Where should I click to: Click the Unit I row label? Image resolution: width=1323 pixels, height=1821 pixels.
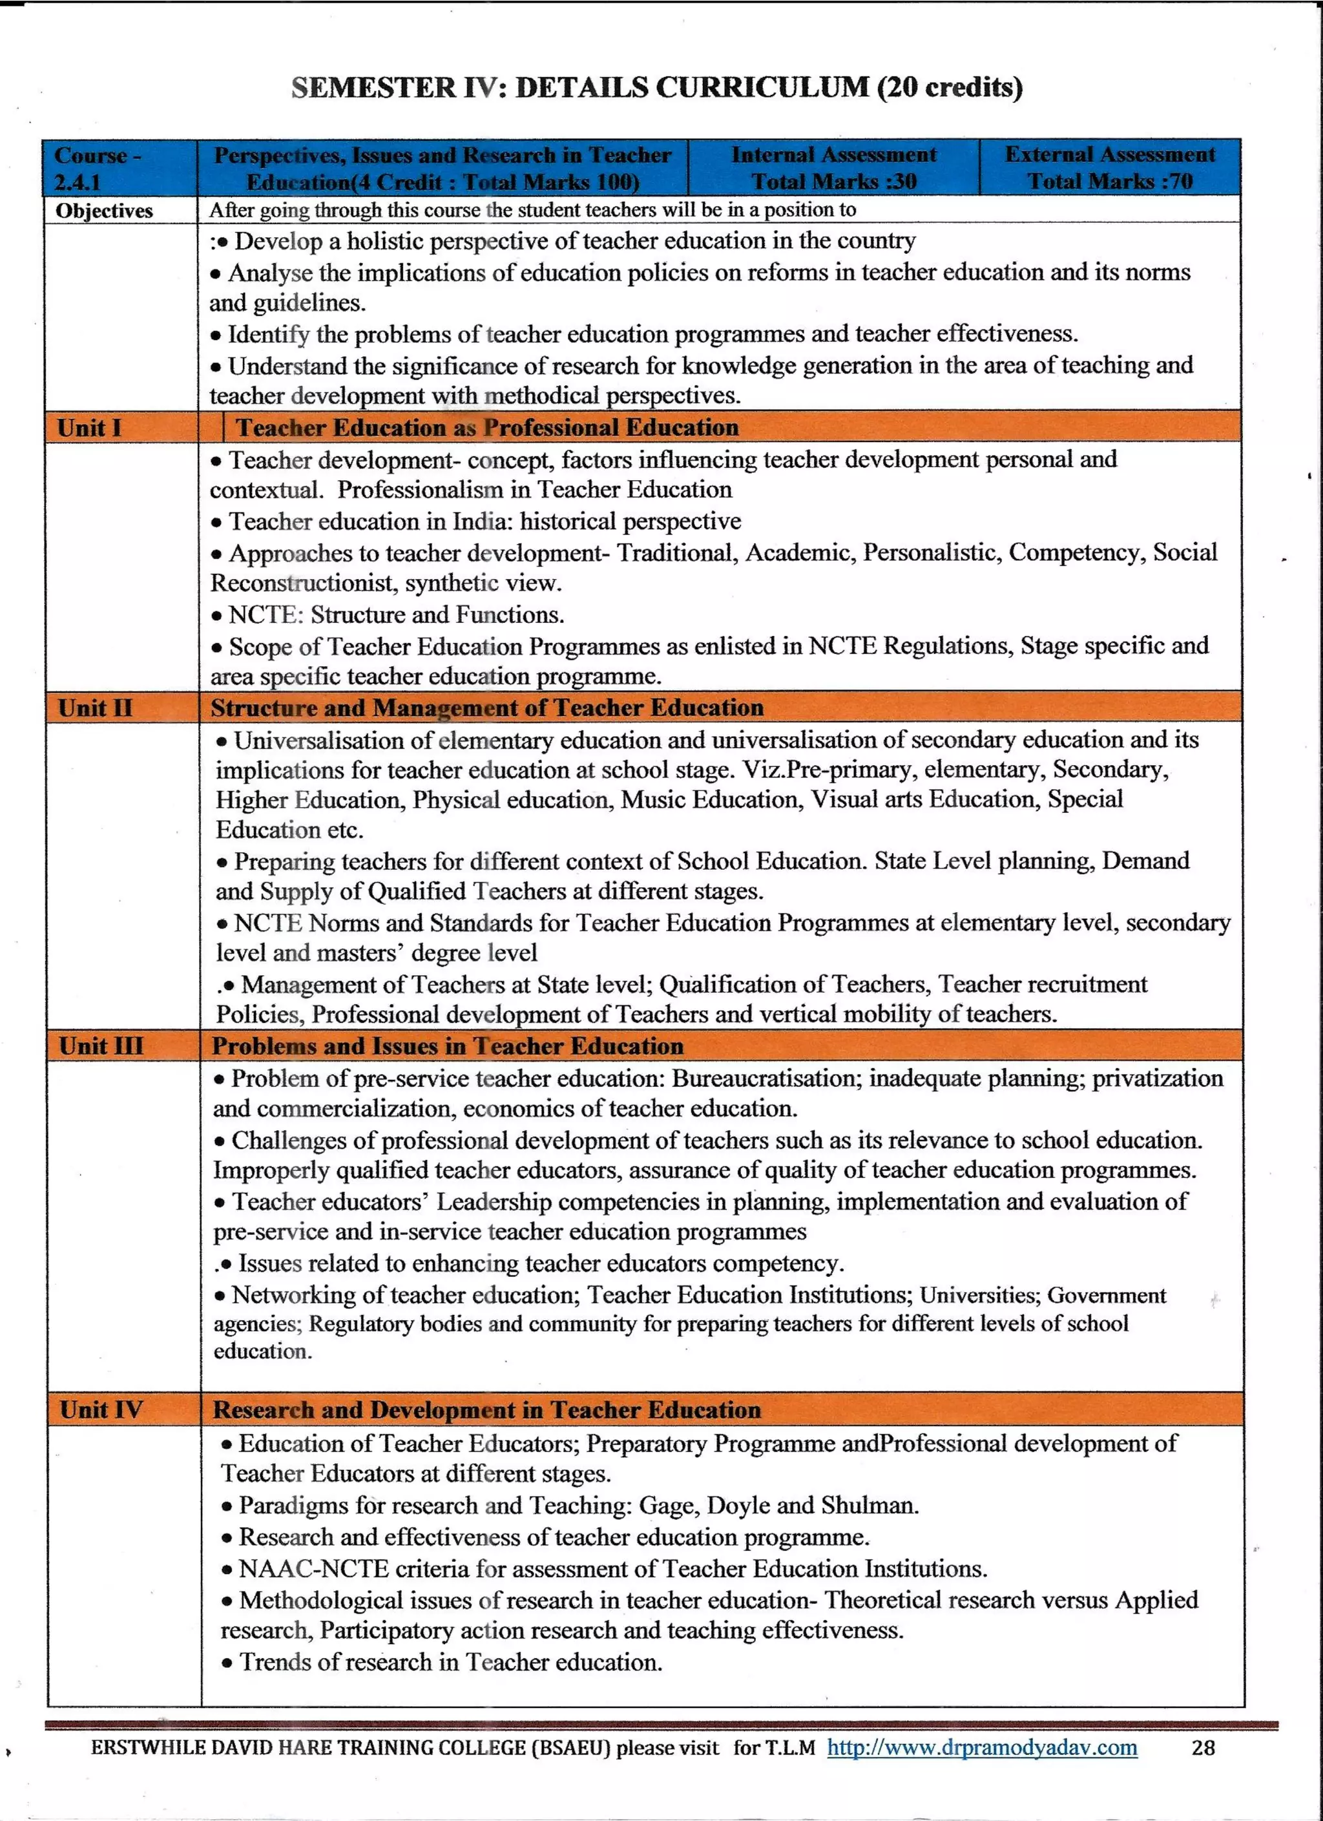(89, 427)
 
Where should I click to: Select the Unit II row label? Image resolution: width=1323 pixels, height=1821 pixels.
(95, 708)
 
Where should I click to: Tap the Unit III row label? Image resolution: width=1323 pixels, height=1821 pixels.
(101, 1046)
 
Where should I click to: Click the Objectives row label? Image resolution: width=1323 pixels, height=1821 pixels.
(105, 211)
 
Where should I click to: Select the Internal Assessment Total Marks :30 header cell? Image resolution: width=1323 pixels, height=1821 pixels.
(833, 167)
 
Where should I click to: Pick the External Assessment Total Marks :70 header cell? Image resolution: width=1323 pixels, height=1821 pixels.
(1109, 167)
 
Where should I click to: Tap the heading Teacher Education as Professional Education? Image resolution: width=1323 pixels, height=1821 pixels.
(486, 427)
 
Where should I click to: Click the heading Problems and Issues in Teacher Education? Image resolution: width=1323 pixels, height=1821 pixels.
(447, 1046)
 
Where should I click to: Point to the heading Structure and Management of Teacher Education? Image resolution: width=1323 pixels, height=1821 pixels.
(486, 708)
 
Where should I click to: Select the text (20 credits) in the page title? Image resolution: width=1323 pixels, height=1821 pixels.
(950, 87)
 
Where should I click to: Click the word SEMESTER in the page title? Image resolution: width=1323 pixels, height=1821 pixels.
(373, 87)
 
